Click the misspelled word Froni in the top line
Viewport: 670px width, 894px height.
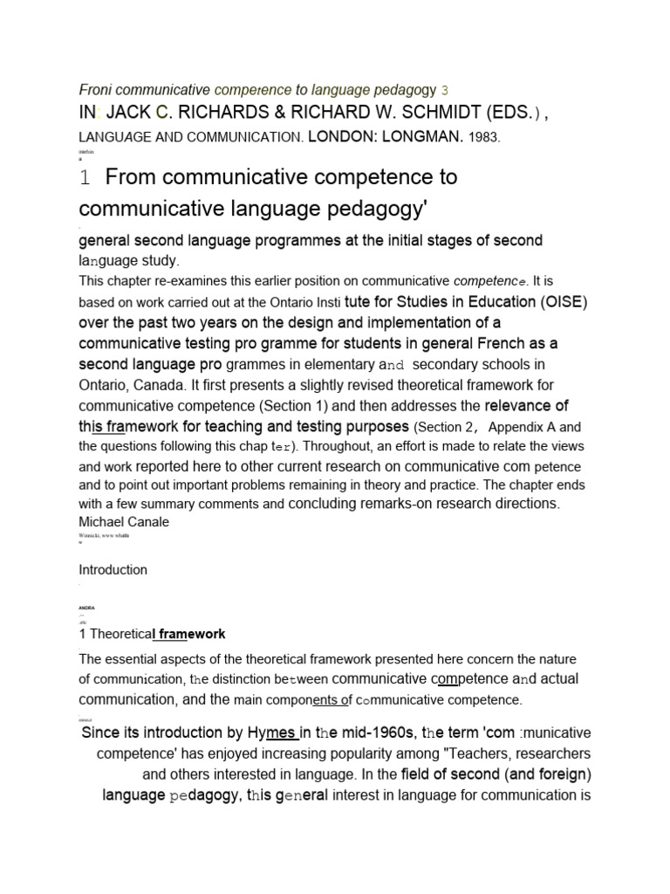95,89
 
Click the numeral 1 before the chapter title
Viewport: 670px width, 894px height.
85,179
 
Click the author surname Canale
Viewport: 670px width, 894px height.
147,522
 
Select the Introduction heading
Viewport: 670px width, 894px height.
113,570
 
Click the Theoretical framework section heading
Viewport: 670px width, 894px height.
152,634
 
